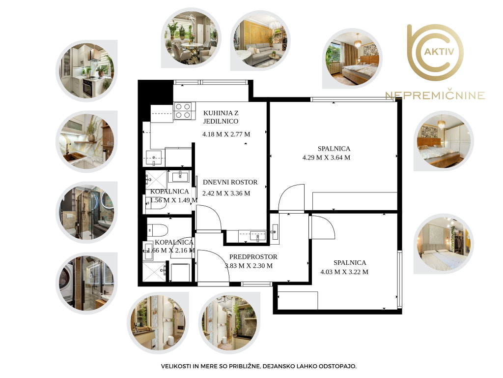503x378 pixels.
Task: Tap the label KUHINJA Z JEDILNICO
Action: [x=221, y=117]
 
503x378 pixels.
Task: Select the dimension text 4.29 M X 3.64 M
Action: [x=326, y=157]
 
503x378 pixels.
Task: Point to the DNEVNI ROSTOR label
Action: [x=230, y=182]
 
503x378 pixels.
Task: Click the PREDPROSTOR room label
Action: [x=253, y=257]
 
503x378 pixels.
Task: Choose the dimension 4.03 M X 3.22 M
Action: [x=344, y=272]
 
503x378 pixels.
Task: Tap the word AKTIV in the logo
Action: [x=439, y=51]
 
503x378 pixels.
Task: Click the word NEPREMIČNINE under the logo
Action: [x=435, y=95]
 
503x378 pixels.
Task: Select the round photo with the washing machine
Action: [x=86, y=283]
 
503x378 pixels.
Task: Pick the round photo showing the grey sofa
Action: [x=260, y=40]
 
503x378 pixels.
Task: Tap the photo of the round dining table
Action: [x=191, y=37]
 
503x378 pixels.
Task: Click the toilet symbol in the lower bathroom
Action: [x=158, y=230]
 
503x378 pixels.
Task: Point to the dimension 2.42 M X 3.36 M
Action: [x=226, y=193]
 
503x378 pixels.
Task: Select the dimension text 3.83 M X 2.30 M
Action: [x=249, y=266]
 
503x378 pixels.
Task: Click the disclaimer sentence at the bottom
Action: [x=258, y=366]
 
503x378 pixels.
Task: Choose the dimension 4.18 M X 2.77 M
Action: [x=226, y=134]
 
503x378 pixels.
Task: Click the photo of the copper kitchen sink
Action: [x=86, y=141]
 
